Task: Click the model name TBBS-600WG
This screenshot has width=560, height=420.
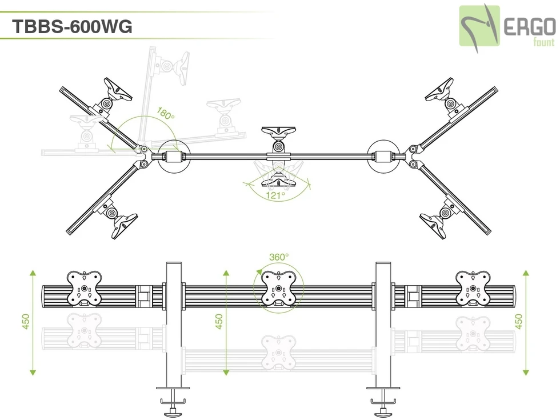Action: pyautogui.click(x=72, y=26)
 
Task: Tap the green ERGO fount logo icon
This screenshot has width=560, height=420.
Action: pyautogui.click(x=479, y=26)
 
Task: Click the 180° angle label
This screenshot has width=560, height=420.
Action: pyautogui.click(x=166, y=114)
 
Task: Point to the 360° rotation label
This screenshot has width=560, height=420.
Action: pyautogui.click(x=279, y=258)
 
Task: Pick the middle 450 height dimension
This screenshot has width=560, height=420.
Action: pyautogui.click(x=219, y=322)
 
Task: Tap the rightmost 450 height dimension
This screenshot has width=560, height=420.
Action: pyautogui.click(x=519, y=322)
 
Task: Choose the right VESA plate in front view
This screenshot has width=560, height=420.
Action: pyautogui.click(x=473, y=287)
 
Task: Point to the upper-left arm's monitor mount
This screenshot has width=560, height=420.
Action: pyautogui.click(x=115, y=93)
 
